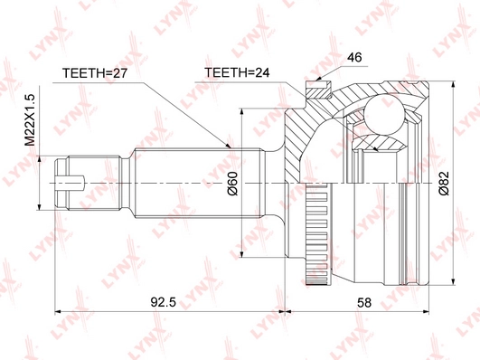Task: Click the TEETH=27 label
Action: point(95,73)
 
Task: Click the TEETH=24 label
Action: point(237,72)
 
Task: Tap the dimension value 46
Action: point(354,57)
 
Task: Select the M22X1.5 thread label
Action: point(31,119)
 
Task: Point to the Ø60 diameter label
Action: point(232,184)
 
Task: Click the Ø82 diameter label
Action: point(444,183)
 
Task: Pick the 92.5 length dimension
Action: point(163,302)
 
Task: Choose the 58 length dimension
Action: point(364,302)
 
